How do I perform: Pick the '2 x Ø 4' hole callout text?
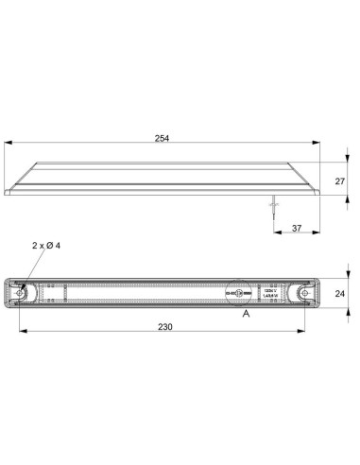pos(47,245)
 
